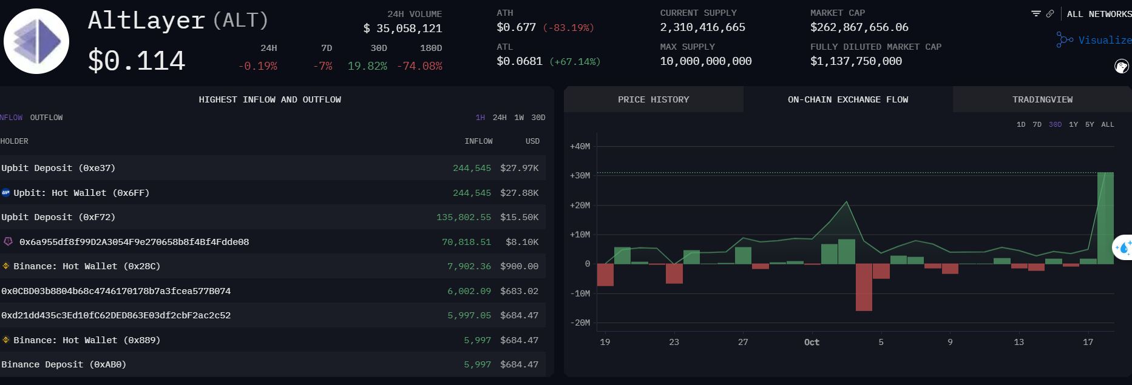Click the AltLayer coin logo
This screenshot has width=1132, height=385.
(x=36, y=41)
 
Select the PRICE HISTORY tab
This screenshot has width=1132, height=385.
(x=653, y=99)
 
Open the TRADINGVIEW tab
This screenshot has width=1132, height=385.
(x=1042, y=99)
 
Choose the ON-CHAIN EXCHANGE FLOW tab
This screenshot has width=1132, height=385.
(x=847, y=99)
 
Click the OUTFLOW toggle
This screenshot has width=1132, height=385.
(x=46, y=118)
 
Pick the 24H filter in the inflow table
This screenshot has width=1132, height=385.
(x=500, y=118)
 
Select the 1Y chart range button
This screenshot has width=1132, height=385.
(x=1073, y=124)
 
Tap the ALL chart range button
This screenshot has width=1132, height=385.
(x=1108, y=124)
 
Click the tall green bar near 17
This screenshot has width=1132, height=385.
(x=1105, y=218)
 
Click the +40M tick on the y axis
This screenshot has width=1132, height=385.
(x=580, y=146)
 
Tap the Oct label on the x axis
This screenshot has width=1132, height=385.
(x=812, y=342)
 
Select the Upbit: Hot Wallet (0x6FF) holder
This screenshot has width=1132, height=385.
(x=81, y=193)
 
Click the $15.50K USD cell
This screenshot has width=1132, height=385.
(x=519, y=217)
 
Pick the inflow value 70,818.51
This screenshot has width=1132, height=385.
(x=466, y=242)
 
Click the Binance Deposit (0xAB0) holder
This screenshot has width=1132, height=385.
(x=64, y=364)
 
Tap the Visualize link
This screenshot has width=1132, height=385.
(x=1104, y=40)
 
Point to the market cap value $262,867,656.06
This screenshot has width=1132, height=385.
(x=859, y=27)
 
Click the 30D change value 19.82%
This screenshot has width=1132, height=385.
(x=367, y=66)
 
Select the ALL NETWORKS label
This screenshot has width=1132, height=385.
(x=1099, y=14)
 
